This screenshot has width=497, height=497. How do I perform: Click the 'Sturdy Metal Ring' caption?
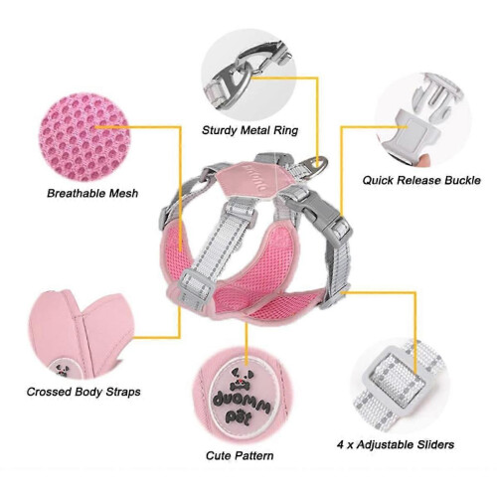[249, 130]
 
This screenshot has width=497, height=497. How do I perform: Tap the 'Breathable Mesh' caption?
[92, 193]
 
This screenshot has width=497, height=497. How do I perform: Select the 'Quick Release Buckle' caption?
[421, 180]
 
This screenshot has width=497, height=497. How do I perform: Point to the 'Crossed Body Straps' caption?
[83, 392]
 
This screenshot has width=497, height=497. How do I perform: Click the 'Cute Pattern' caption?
[240, 455]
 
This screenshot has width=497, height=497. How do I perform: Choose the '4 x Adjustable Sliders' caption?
[396, 444]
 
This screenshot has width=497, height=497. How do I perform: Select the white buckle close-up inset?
[422, 119]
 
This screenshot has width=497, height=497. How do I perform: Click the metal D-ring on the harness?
[316, 167]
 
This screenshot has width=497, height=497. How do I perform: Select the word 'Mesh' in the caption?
[123, 193]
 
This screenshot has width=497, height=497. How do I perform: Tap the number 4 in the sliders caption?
[341, 444]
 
